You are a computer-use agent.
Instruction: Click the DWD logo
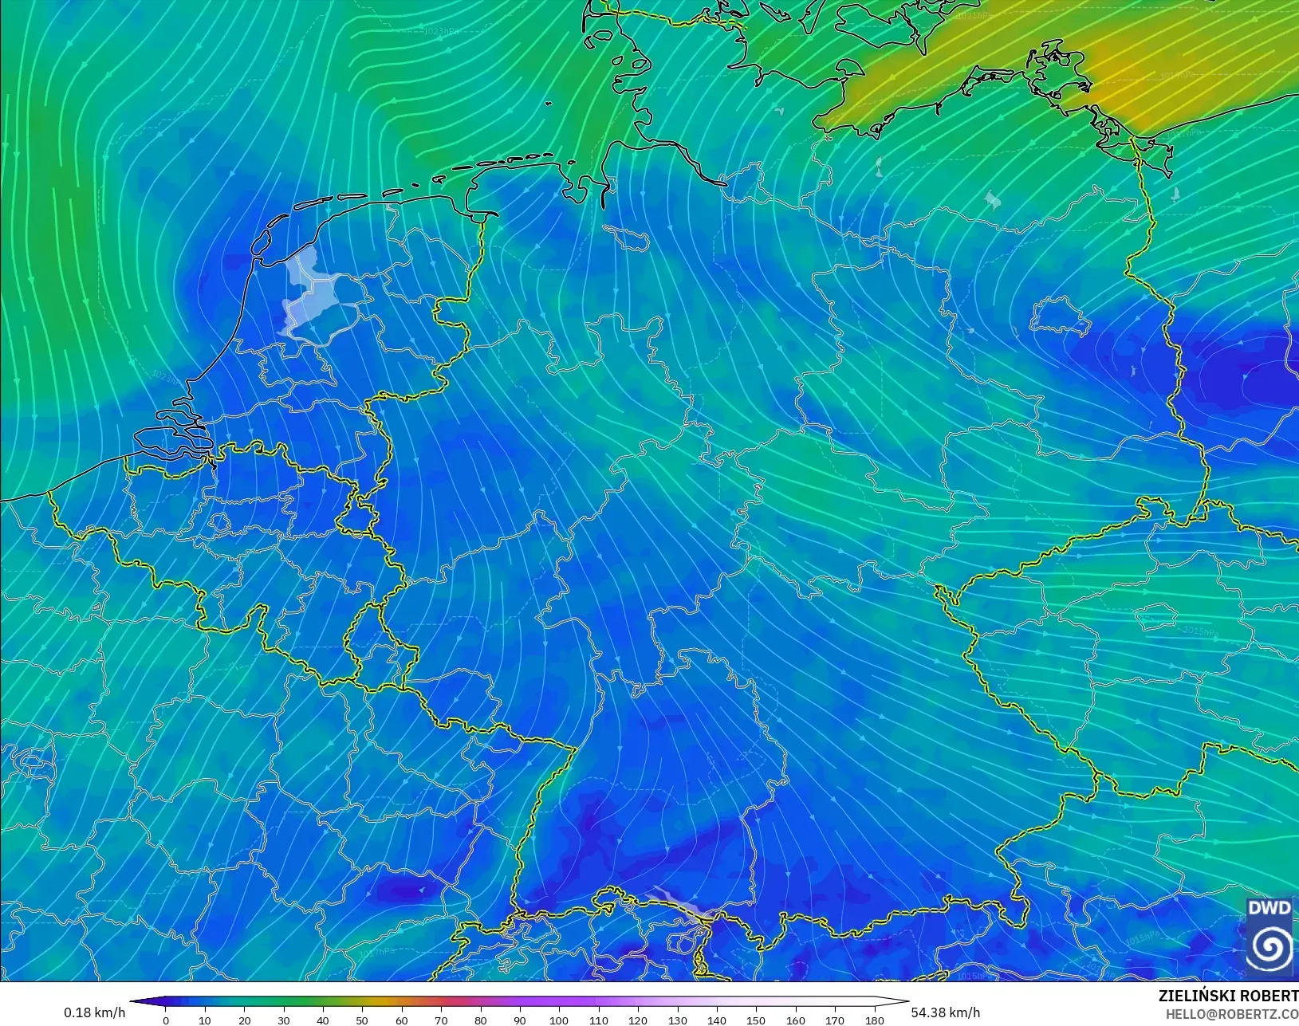1270,937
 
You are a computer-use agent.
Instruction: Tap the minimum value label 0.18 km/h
95,1012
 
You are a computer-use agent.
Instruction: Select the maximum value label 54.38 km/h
946,1012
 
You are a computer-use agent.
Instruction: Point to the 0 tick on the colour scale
166,1020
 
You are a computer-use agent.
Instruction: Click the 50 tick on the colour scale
363,1020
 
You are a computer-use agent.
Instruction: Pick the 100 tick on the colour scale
559,1020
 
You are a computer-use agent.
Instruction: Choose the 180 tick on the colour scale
874,1020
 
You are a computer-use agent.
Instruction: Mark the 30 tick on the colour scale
284,1020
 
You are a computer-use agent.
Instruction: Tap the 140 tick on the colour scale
716,1020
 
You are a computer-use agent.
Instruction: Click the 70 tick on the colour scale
441,1020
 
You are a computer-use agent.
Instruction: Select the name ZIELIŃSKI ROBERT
1228,997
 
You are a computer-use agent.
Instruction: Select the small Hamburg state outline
626,237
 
